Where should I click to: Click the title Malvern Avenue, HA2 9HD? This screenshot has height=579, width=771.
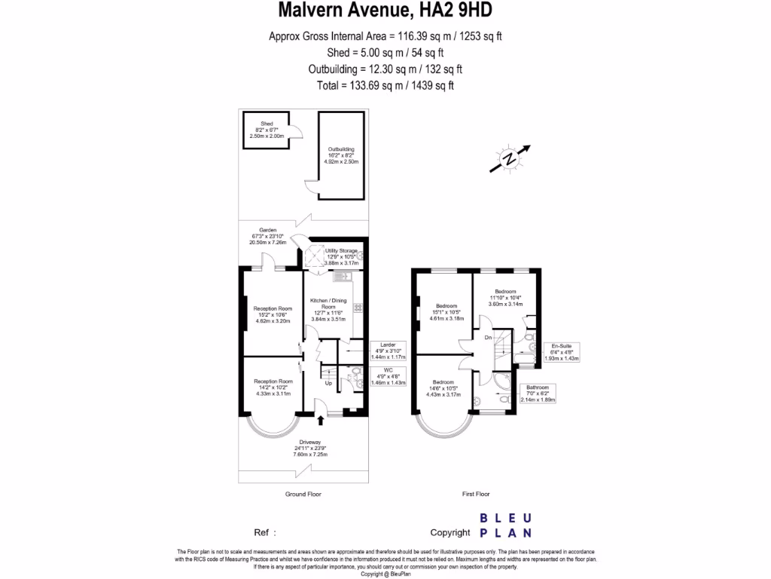pyautogui.click(x=385, y=11)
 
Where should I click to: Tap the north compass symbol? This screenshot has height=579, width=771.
pyautogui.click(x=510, y=158)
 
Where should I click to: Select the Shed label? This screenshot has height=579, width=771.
pyautogui.click(x=267, y=129)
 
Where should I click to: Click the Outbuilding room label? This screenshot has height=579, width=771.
pyautogui.click(x=340, y=155)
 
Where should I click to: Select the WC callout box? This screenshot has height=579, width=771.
pyautogui.click(x=388, y=376)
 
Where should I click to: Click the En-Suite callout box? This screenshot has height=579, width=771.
pyautogui.click(x=561, y=353)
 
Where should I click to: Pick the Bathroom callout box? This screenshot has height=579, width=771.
pyautogui.click(x=538, y=394)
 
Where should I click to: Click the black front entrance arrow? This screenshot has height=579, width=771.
pyautogui.click(x=322, y=420)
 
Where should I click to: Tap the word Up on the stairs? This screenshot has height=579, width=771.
pyautogui.click(x=328, y=383)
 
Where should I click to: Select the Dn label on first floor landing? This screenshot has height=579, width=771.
pyautogui.click(x=488, y=338)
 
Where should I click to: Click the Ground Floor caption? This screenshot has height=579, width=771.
pyautogui.click(x=304, y=495)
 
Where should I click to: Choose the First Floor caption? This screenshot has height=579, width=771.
pyautogui.click(x=476, y=495)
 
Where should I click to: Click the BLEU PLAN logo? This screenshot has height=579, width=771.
pyautogui.click(x=506, y=525)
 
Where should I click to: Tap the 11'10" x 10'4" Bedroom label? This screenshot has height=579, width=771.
pyautogui.click(x=505, y=298)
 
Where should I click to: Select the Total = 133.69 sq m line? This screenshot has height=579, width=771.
pyautogui.click(x=385, y=86)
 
